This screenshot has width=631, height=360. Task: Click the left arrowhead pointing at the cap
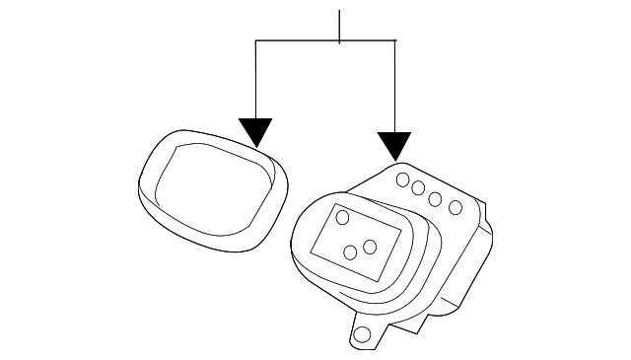[256, 132]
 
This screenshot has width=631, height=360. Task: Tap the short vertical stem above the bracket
[339, 26]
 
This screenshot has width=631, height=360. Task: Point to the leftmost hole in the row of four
[402, 180]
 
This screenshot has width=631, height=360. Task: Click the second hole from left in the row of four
[419, 188]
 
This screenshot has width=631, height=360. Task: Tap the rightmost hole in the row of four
[455, 207]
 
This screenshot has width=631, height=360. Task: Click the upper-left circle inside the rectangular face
[342, 217]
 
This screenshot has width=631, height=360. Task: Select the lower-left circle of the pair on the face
[351, 252]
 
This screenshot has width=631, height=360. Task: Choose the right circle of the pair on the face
[370, 246]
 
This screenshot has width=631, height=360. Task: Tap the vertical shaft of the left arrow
[256, 79]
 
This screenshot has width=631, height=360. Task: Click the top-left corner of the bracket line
[256, 41]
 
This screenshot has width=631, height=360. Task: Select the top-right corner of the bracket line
[395, 41]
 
